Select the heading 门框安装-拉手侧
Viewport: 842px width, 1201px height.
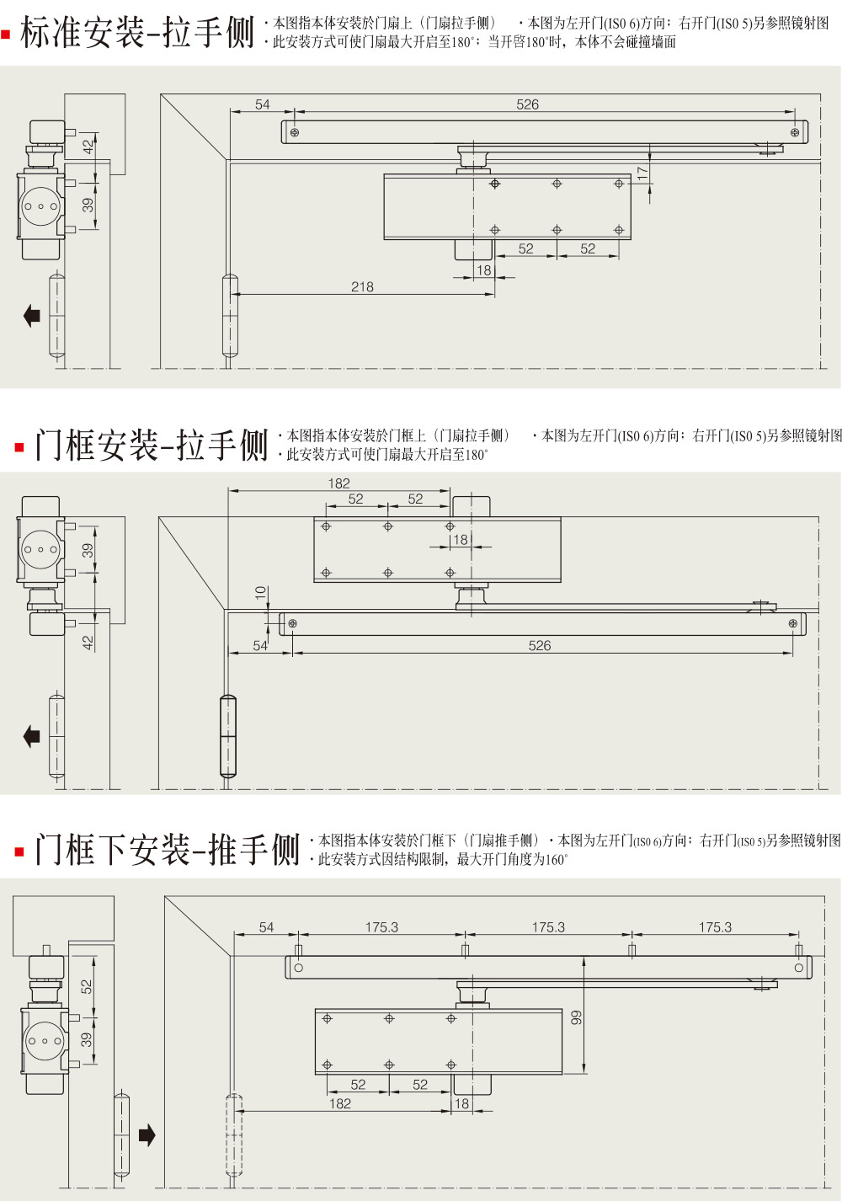151,445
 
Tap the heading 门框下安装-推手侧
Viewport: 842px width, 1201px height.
167,850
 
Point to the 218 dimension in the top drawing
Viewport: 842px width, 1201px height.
362,287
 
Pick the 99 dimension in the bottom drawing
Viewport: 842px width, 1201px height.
577,1017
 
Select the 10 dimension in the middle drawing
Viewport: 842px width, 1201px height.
261,593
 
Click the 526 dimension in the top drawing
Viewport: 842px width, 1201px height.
527,104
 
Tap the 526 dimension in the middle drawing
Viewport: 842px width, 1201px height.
540,646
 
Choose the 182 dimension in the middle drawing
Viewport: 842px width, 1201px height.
338,483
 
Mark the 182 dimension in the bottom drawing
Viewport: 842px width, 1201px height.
340,1103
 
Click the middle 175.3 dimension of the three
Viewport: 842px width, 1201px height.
548,927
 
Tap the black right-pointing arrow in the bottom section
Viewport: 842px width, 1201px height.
147,1135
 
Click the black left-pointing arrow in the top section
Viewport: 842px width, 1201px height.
32,316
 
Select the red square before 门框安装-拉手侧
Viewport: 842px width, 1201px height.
19,447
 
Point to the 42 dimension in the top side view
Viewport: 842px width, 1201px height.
88,145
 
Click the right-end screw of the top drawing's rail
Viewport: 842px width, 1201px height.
795,132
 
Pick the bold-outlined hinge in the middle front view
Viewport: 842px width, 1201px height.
227,736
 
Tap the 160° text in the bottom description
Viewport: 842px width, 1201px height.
554,860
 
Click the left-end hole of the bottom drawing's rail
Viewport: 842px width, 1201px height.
298,968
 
